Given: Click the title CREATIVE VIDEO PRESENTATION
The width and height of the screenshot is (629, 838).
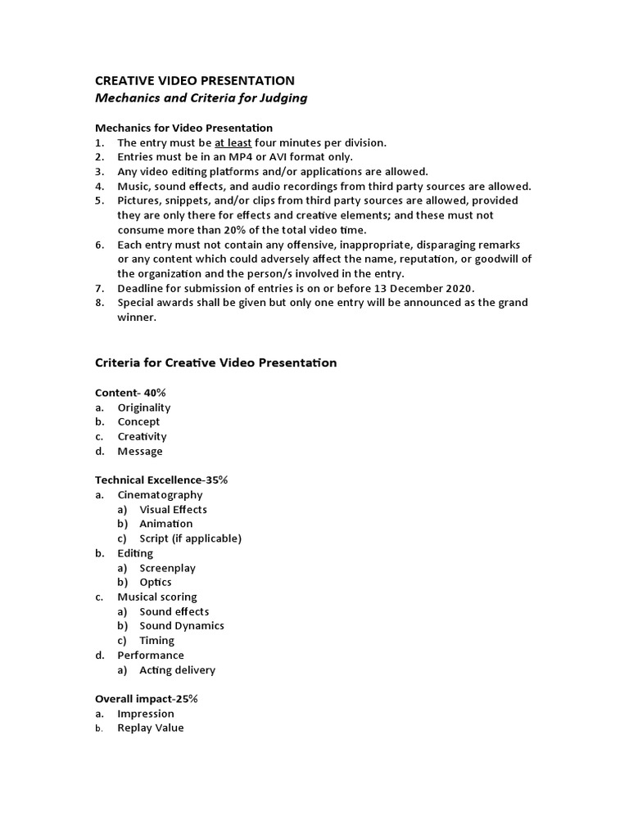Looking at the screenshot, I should pos(195,80).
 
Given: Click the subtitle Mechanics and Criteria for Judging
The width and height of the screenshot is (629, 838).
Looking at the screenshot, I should pos(201,98).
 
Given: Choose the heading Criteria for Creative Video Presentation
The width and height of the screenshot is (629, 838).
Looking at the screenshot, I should pos(216,363).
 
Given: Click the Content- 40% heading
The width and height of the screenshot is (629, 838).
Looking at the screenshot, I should pos(131,393).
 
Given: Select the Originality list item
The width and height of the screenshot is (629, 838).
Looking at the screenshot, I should pos(144,408).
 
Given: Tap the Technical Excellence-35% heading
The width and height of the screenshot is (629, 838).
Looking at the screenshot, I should pos(161,480).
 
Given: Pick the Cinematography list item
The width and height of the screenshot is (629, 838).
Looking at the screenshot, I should pos(160,495).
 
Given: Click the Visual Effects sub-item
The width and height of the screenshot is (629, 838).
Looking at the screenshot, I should pos(173,510).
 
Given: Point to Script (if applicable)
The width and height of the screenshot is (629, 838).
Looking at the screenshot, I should pos(190,538).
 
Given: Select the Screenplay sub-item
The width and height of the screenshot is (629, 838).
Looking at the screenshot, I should pos(167,568).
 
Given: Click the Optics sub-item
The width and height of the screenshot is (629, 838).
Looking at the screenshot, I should pos(156,583).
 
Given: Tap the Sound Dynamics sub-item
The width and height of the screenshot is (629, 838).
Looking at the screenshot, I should pos(181,626).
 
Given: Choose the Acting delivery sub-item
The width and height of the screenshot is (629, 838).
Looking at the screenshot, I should pos(177,670).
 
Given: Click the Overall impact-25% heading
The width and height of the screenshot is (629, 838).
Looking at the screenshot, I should pos(147,699).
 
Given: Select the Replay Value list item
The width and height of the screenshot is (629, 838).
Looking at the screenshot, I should pos(151,728).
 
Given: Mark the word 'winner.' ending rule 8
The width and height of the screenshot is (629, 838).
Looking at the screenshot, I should pos(135,318).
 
